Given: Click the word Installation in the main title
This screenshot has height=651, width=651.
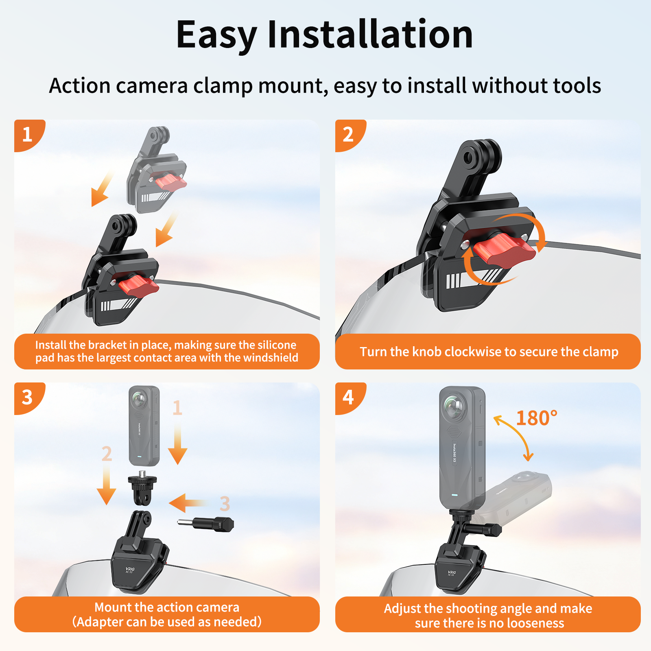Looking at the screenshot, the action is (370, 35).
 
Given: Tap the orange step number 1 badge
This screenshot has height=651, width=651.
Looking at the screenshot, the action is (28, 135).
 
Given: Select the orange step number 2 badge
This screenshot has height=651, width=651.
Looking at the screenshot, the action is (349, 135).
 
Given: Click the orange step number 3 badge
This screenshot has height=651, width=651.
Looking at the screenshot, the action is (28, 398).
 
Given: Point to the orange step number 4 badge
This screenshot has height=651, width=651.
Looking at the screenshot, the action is (349, 398).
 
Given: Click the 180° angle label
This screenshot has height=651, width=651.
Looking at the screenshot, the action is (537, 418).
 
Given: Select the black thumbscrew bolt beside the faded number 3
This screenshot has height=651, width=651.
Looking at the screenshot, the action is (205, 524).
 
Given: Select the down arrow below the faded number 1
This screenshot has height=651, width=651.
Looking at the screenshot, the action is (178, 444).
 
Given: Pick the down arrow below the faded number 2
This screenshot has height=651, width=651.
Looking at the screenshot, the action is (107, 485).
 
